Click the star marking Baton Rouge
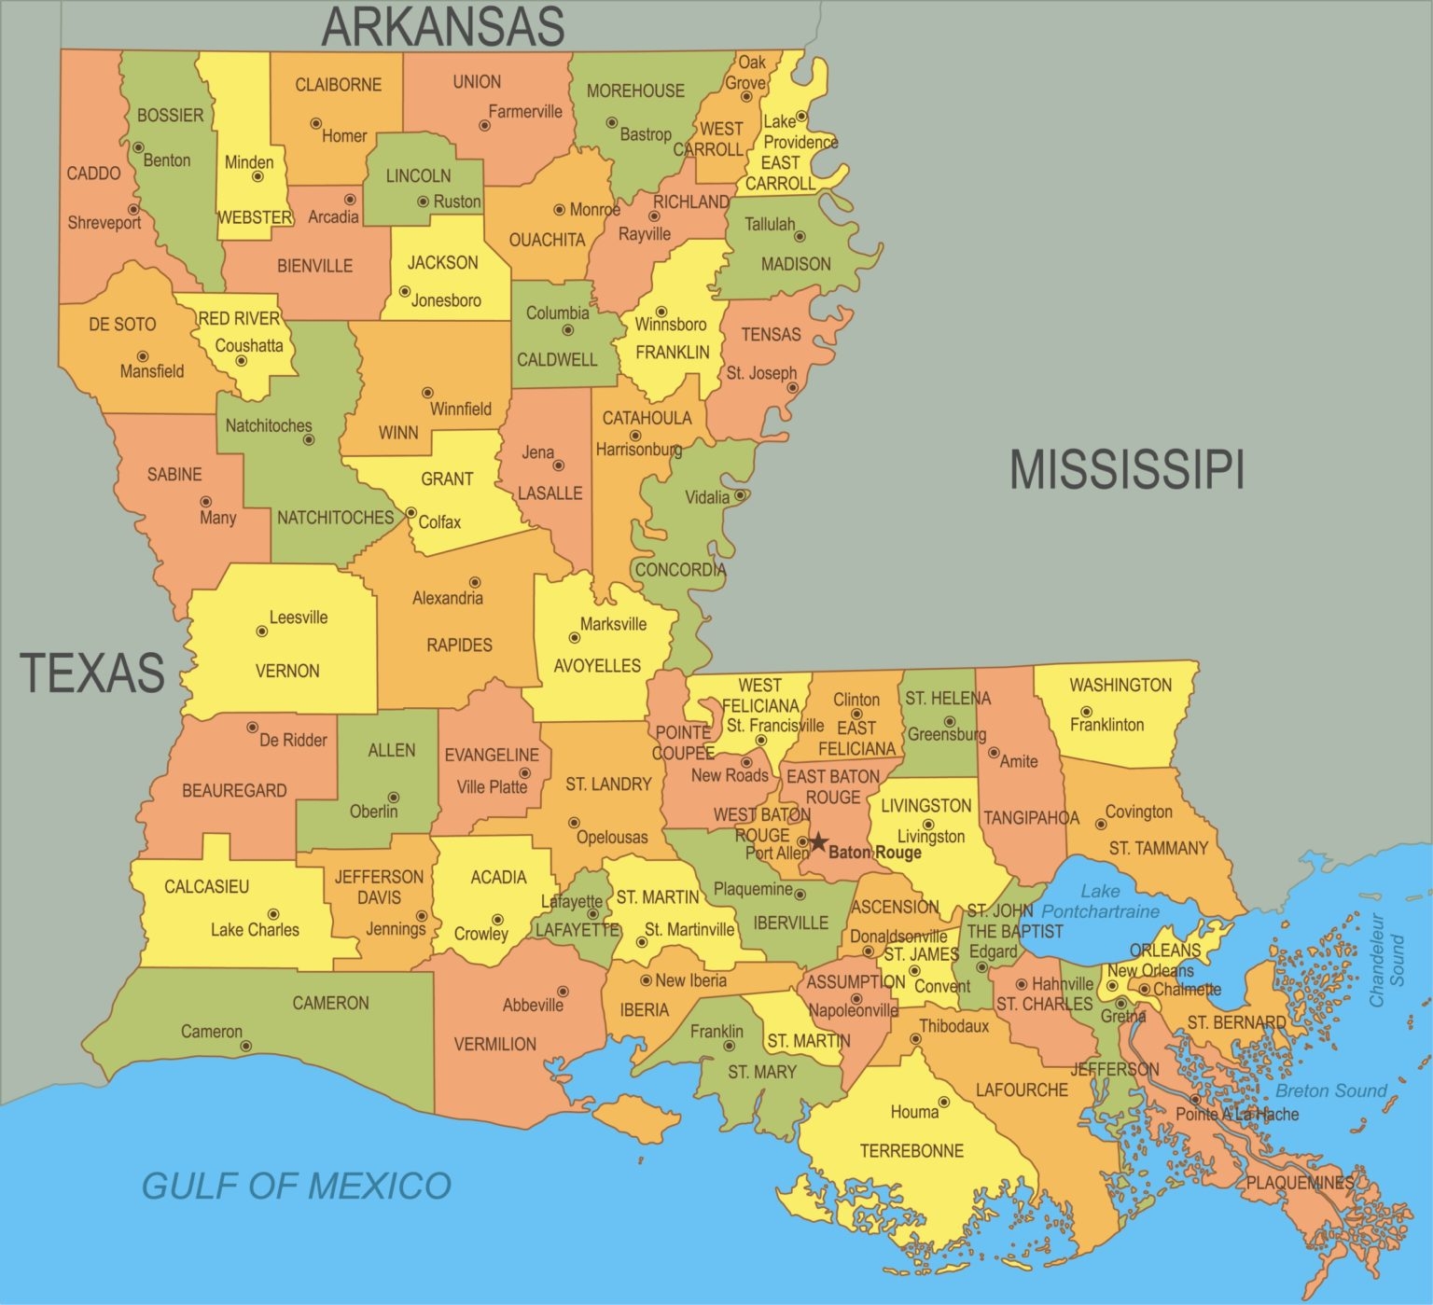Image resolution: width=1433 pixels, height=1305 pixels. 818,843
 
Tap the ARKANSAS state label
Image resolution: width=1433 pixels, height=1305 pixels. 442,26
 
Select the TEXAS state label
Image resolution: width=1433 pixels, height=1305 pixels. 92,673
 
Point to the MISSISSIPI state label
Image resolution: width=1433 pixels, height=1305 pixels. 1127,469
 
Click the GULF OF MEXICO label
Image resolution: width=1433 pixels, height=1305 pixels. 296,1186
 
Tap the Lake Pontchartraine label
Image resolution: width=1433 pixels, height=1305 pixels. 1100,901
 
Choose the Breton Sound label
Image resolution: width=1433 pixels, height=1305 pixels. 1330,1090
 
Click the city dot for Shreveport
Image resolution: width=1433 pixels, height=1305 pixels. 133,210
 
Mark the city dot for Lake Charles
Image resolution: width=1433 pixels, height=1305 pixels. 273,914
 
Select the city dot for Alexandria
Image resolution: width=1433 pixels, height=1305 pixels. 474,582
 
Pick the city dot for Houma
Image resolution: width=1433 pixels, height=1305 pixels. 943,1102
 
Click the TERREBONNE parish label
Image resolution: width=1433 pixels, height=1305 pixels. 911,1151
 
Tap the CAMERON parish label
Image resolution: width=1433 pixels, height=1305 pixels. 330,1003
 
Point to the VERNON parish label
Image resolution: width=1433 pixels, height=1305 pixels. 287,671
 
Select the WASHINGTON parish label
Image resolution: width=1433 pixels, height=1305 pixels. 1120,685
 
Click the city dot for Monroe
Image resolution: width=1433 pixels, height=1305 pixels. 559,210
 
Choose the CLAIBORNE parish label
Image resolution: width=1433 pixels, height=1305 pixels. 338,85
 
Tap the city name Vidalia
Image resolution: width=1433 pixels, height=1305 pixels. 707,497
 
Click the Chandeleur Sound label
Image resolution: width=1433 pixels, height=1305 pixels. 1386,959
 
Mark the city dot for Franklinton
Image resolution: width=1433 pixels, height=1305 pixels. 1085,712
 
